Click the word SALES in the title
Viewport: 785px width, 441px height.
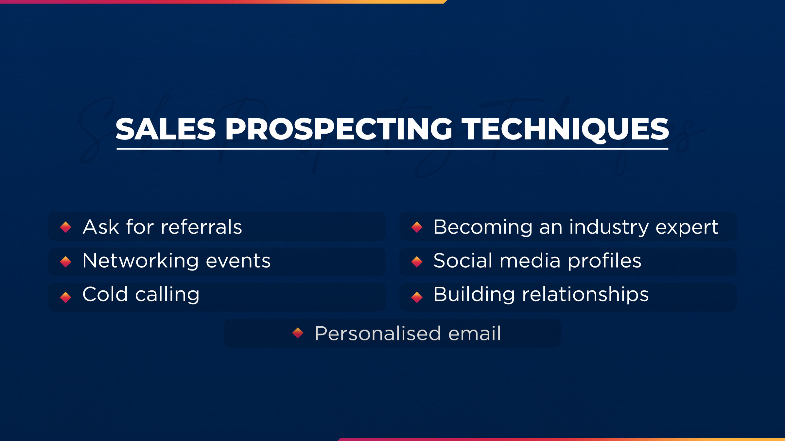(x=166, y=129)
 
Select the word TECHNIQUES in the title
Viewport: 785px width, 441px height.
(x=567, y=129)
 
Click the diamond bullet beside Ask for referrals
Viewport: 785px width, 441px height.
(x=66, y=227)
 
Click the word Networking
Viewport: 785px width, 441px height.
(x=140, y=261)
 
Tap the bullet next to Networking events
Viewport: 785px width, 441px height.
(x=66, y=262)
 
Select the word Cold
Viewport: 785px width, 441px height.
(x=105, y=294)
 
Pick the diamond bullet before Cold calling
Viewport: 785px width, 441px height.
(x=66, y=297)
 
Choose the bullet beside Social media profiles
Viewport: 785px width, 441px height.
(x=417, y=262)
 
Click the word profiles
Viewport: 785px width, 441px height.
(x=604, y=261)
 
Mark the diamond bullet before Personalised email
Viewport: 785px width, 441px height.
(x=298, y=333)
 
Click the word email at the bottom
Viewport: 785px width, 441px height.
(x=474, y=334)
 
